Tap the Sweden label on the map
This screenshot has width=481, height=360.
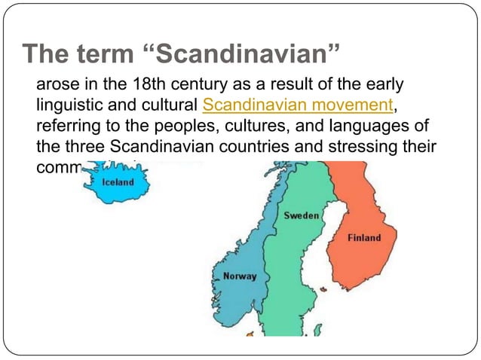[x=301, y=215]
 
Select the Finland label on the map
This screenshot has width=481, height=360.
[x=364, y=238]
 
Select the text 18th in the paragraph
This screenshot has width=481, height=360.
[x=151, y=82]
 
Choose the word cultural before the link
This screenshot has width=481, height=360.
[x=174, y=103]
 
